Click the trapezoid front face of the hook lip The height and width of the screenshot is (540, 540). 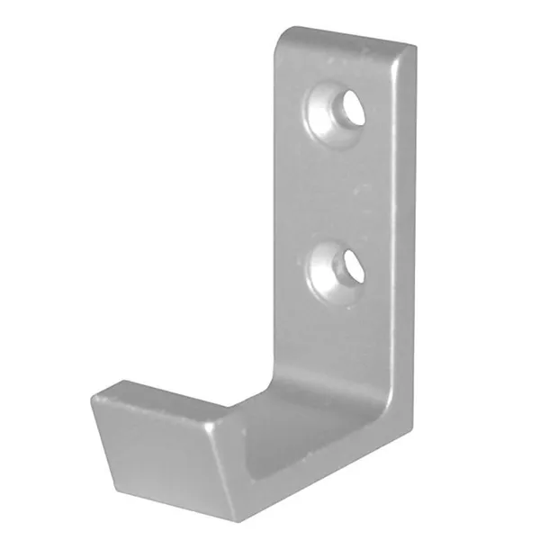coord(162,459)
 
